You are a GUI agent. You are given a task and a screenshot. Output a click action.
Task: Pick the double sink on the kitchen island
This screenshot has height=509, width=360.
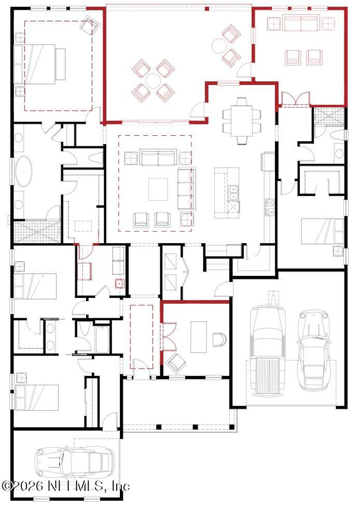[233, 193]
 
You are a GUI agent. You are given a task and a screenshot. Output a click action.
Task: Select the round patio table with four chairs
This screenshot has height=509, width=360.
[153, 80]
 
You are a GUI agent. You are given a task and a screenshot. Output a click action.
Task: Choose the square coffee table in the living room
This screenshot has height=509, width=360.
[158, 189]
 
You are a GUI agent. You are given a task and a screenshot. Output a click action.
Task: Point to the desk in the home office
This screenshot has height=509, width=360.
[198, 337]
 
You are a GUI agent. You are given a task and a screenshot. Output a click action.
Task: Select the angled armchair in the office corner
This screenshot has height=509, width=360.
[176, 363]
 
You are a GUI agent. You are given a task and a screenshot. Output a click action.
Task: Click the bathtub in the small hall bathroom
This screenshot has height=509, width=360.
[103, 340]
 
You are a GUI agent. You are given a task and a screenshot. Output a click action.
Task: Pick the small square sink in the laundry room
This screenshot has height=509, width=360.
[119, 283]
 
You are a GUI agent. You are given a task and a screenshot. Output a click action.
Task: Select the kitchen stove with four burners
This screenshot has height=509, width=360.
[270, 207]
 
